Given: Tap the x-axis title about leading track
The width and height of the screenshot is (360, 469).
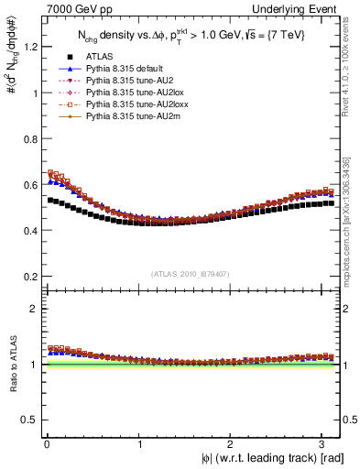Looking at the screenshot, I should (x=273, y=459).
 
